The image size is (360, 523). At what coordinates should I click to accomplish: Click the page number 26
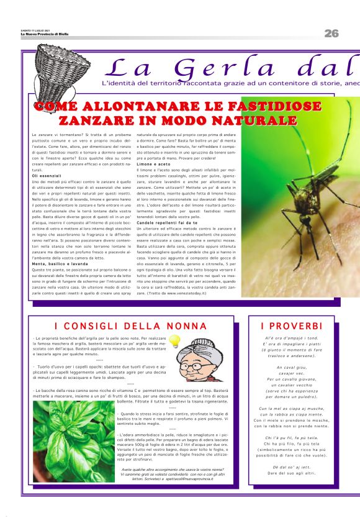(331, 33)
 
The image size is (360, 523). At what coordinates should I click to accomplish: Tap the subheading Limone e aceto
(152, 164)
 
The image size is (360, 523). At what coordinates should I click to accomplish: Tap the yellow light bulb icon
(174, 340)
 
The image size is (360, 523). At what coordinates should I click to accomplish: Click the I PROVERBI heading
(291, 326)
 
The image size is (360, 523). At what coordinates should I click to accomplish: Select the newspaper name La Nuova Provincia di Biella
(44, 34)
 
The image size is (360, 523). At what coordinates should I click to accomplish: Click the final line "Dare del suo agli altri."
(291, 473)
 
